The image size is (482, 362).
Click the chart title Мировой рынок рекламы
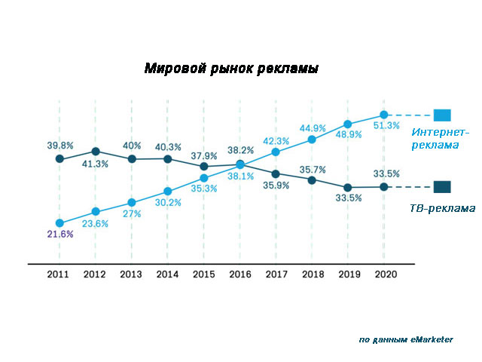tap(230, 69)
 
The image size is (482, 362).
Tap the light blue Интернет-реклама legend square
tap(442, 115)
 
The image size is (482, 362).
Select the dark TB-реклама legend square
tap(442, 186)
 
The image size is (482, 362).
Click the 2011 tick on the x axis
tap(59, 275)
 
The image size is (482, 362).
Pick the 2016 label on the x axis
tap(239, 275)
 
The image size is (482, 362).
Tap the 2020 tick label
tap(384, 275)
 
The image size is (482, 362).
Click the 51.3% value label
tap(385, 126)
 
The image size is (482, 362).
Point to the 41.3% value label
tap(95, 164)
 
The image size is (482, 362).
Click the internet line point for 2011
tap(59, 222)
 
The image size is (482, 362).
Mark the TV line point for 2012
tap(95, 152)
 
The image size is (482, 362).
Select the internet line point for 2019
tap(348, 124)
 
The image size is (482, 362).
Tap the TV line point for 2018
tap(312, 180)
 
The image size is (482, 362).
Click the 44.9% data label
tap(312, 127)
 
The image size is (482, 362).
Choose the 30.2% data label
tap(167, 203)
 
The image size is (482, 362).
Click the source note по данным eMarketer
tap(406, 340)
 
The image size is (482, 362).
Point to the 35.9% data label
tap(276, 186)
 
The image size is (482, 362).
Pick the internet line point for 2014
tap(167, 192)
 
